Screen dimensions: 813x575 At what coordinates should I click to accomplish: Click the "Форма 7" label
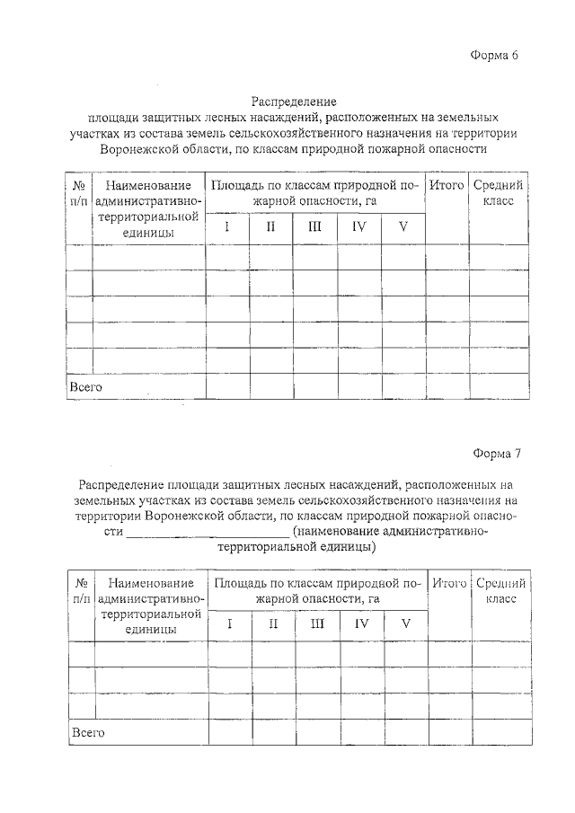tap(496, 453)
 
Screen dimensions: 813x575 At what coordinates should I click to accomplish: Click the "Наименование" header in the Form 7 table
tap(150, 584)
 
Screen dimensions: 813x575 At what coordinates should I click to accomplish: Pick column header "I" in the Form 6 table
tap(227, 227)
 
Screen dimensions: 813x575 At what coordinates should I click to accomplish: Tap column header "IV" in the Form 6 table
tap(359, 227)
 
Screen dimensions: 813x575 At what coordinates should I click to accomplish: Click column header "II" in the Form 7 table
tap(273, 624)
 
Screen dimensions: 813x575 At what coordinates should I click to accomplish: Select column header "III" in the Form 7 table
tap(317, 624)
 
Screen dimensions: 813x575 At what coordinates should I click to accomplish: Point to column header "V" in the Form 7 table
tap(405, 624)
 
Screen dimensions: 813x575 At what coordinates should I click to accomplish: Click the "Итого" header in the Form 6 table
tap(447, 185)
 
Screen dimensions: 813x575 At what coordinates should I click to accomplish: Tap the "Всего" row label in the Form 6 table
tap(86, 387)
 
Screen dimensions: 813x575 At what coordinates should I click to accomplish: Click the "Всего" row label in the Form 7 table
tap(88, 732)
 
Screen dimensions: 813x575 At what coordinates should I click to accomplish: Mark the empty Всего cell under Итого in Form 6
tap(447, 387)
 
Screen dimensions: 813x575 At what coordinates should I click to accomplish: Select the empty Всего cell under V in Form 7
tap(405, 732)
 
